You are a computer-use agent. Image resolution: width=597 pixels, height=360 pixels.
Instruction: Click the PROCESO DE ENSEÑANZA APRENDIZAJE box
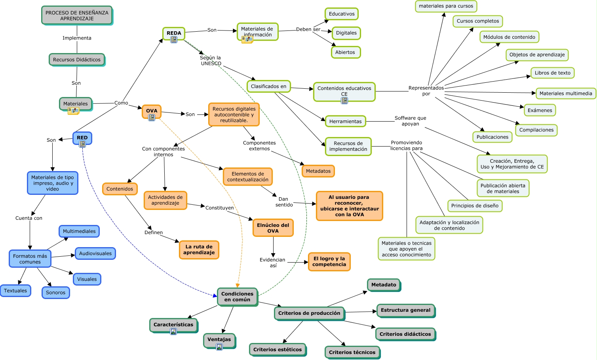point(77,15)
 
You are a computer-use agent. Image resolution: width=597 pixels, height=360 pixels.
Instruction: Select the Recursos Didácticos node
point(77,59)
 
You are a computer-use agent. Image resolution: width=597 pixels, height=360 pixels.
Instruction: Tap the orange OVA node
point(152,110)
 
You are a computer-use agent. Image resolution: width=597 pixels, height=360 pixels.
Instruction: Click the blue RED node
point(82,137)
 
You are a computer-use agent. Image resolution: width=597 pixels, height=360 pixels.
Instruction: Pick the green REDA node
point(174,33)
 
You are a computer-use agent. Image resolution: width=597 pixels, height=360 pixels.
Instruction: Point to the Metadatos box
point(318,171)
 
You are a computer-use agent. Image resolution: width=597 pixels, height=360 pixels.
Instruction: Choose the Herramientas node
point(345,121)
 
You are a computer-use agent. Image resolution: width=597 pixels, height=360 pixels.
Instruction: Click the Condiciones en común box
point(237,297)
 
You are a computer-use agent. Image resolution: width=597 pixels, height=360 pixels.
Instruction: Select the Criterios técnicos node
point(352,352)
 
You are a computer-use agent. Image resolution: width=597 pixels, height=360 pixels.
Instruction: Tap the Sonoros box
point(55,293)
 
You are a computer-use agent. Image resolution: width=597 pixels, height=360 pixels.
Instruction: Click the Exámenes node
point(540,110)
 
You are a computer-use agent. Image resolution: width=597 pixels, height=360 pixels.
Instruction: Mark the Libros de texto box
point(552,73)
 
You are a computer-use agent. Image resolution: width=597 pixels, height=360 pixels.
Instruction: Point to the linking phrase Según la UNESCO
point(211,61)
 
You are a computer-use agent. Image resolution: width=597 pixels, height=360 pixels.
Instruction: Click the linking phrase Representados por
point(426,91)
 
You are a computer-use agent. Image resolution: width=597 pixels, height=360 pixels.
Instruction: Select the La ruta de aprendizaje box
point(199,250)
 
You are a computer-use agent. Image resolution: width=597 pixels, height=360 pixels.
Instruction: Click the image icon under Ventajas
point(219,347)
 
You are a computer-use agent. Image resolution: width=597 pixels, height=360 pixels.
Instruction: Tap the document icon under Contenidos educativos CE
point(344,101)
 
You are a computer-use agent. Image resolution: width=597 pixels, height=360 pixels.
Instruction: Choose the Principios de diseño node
point(475,206)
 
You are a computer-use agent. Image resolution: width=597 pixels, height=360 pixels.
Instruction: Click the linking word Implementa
point(77,38)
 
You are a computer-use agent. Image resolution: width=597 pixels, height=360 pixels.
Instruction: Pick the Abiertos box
point(345,52)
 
